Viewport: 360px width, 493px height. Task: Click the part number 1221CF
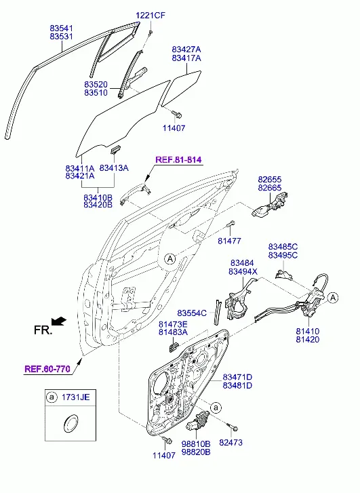pyautogui.click(x=151, y=15)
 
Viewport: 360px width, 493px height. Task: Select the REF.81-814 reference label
pyautogui.click(x=178, y=159)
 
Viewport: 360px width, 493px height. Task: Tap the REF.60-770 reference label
pyautogui.click(x=47, y=368)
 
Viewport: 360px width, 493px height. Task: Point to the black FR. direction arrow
pyautogui.click(x=59, y=321)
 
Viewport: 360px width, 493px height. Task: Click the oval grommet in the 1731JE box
pyautogui.click(x=70, y=423)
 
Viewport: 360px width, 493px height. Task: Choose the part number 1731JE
pyautogui.click(x=75, y=397)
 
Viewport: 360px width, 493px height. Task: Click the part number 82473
pyautogui.click(x=231, y=442)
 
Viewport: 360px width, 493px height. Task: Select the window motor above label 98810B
pyautogui.click(x=197, y=421)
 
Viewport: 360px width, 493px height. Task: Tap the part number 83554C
pyautogui.click(x=192, y=313)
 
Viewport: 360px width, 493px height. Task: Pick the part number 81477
pyautogui.click(x=229, y=241)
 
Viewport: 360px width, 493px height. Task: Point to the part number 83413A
pyautogui.click(x=114, y=168)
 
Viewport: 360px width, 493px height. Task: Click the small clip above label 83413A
pyautogui.click(x=115, y=149)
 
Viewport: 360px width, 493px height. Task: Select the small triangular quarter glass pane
pyautogui.click(x=182, y=88)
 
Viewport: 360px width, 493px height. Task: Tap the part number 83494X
pyautogui.click(x=243, y=271)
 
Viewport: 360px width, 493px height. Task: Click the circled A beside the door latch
pyautogui.click(x=333, y=298)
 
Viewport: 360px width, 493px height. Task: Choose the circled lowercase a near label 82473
pyautogui.click(x=216, y=408)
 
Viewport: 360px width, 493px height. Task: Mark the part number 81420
pyautogui.click(x=308, y=339)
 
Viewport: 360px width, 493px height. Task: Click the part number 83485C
pyautogui.click(x=283, y=247)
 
